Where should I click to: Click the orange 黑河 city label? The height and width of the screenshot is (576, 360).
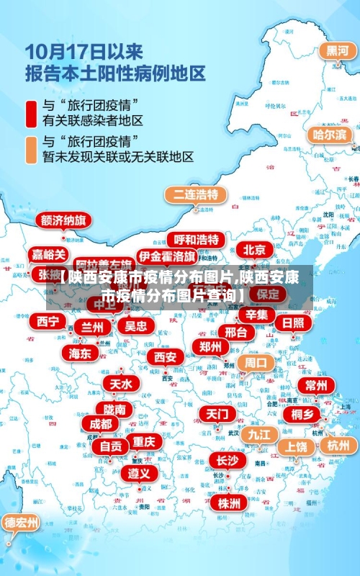[x=338, y=51]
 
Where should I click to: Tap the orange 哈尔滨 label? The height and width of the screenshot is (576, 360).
[x=330, y=135]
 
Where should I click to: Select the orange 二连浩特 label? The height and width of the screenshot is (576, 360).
[x=196, y=194]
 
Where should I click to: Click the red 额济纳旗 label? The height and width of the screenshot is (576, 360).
[x=64, y=220]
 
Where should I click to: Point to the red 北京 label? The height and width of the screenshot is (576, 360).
[x=253, y=250]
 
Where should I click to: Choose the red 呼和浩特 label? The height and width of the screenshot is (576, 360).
[x=197, y=239]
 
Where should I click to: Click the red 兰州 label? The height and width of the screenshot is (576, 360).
[x=92, y=327]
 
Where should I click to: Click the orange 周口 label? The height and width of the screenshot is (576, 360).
[x=256, y=363]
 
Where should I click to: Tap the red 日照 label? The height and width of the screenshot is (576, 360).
[x=292, y=323]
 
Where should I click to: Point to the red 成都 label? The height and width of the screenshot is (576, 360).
[x=101, y=424]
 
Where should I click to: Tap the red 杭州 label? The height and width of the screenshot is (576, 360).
[x=338, y=446]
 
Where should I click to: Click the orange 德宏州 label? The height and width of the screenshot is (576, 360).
[x=20, y=522]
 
